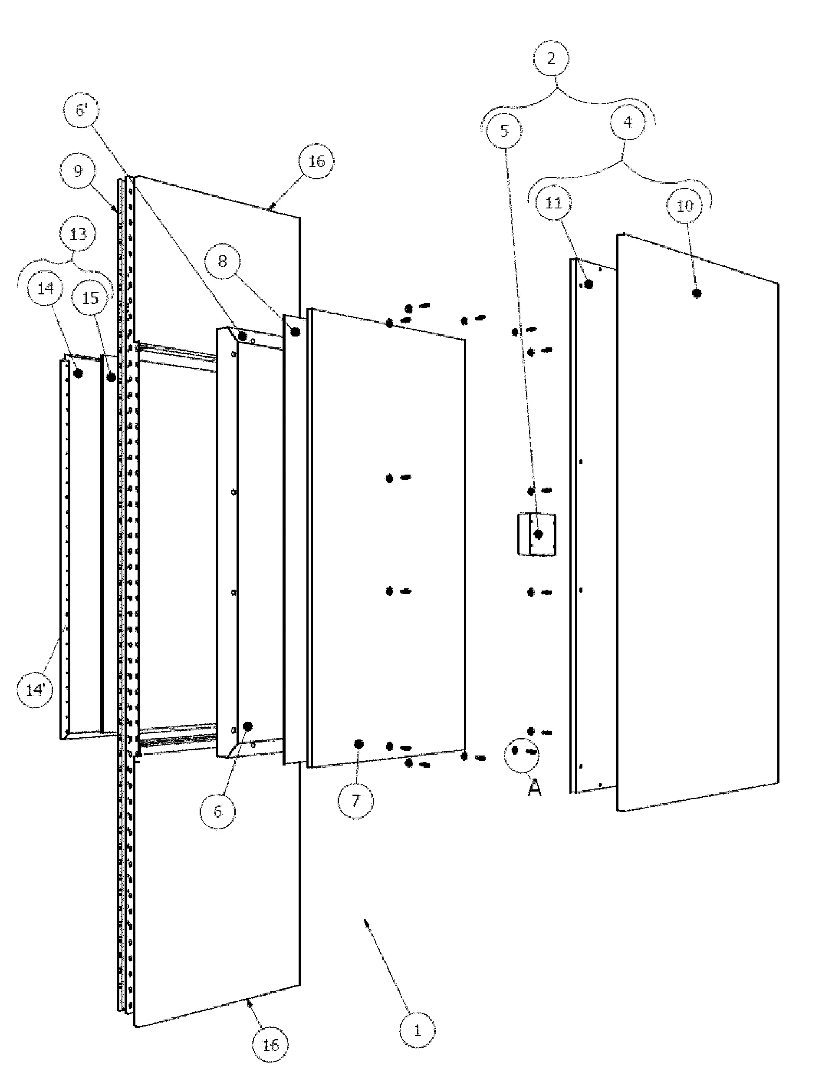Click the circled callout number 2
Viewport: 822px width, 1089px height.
coord(551,59)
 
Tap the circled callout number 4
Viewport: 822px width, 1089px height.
coord(628,122)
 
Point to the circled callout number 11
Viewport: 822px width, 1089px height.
coord(554,203)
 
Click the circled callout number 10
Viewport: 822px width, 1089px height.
coord(685,206)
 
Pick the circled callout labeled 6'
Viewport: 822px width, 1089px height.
coord(81,110)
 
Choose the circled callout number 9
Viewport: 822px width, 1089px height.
coord(78,172)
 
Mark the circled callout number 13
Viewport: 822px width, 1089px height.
coord(78,234)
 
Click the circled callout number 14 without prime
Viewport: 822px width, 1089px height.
coord(45,288)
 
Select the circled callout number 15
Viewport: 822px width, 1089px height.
coord(90,298)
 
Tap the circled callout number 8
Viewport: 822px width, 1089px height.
coord(223,261)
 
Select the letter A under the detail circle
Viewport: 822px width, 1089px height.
coord(535,788)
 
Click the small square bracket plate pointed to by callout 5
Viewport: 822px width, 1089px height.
coord(536,534)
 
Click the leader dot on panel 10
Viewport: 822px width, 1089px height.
coord(697,293)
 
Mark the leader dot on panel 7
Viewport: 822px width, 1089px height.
coord(359,744)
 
